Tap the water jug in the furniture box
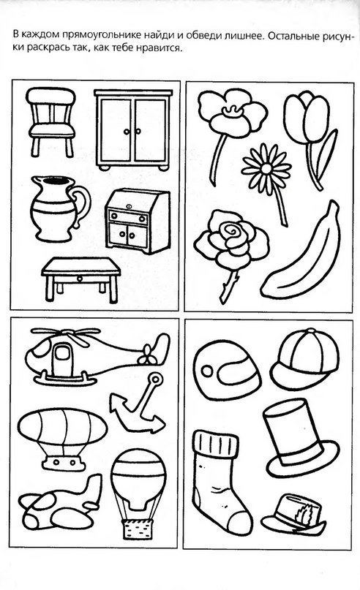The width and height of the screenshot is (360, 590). pos(60,208)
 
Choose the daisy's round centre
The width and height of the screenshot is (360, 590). pos(266,169)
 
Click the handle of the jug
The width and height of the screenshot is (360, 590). pos(82,205)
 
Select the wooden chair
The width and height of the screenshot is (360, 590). pos(52,121)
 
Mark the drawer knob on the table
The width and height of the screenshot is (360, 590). pos(80,279)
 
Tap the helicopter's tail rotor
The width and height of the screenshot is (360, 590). pos(147,356)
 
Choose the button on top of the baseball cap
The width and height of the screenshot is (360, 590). pos(312,331)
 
